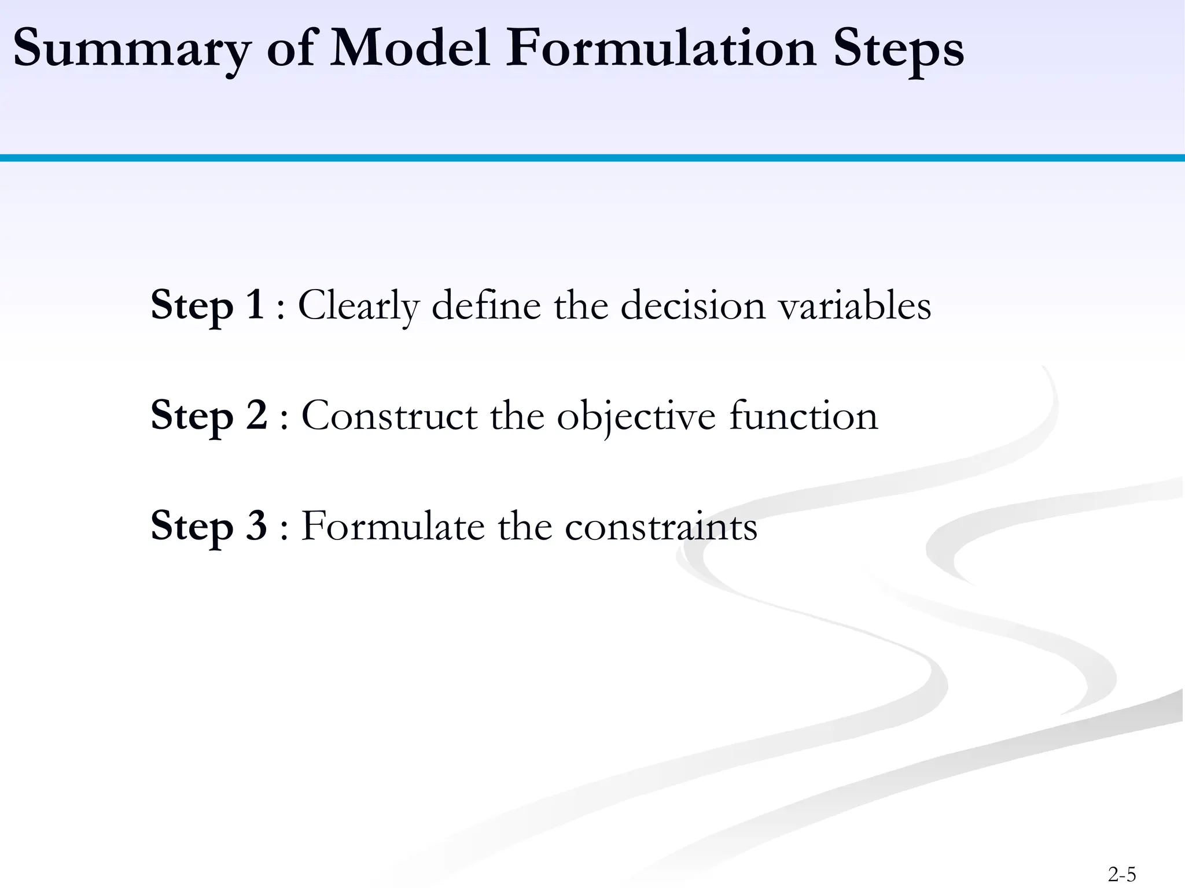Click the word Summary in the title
(x=132, y=49)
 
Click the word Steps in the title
(x=899, y=49)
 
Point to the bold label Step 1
(x=207, y=305)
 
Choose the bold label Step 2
(x=209, y=415)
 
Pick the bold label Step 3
(x=208, y=526)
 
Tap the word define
(x=486, y=305)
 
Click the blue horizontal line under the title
(x=592, y=158)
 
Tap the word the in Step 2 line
(x=517, y=415)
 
